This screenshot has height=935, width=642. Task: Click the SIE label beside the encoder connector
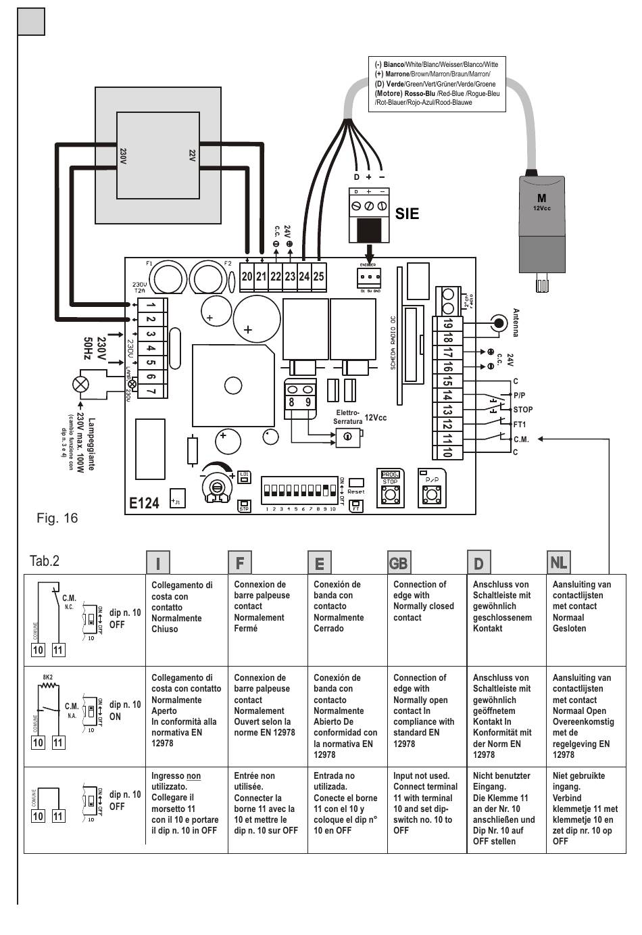407,214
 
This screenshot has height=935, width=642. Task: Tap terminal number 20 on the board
247,277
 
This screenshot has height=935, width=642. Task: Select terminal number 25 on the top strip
318,277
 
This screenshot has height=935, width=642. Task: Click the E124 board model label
145,503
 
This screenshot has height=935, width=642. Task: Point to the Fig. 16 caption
57,519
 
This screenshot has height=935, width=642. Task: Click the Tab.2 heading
45,561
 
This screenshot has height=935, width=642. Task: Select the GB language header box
399,562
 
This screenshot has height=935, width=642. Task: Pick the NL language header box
558,562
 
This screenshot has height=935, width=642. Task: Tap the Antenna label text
516,323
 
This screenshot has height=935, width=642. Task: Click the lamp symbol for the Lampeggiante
80,385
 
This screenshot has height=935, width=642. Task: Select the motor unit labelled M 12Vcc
541,224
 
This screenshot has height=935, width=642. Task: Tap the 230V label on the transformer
124,155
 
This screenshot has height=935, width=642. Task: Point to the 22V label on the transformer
192,155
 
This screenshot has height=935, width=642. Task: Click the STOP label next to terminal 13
523,410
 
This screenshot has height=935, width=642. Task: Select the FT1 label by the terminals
520,425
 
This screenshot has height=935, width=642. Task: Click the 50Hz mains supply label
88,349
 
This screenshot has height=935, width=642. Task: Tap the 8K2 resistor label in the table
48,677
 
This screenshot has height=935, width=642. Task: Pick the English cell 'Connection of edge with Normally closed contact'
424,601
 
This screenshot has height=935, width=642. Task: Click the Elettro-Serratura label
347,417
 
